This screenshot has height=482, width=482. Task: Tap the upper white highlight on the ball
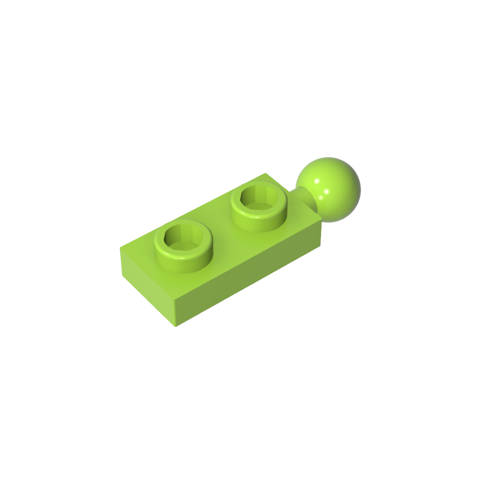(317, 182)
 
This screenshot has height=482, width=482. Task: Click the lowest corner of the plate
(177, 326)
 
